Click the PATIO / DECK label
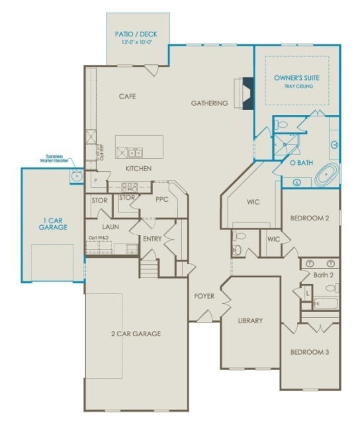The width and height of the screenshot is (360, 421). coord(137,33)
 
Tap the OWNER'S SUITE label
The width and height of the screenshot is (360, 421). coord(297,78)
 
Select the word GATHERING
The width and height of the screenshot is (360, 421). coord(210,103)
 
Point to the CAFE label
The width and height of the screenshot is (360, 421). coord(127,97)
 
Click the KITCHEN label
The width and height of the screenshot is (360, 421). coord(139,169)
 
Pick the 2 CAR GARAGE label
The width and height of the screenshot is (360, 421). coord(136,334)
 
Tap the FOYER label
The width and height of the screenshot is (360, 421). coord(204,296)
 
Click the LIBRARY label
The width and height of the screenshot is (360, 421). coord(250,320)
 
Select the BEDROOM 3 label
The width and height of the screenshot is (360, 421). coord(310,352)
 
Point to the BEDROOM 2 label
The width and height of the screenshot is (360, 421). coord(310,218)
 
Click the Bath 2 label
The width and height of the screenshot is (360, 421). coord(322,274)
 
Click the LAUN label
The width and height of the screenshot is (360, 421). coord(110,226)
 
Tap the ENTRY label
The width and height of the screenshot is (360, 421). coord(152,238)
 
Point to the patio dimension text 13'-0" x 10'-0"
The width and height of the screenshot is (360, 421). coord(137,42)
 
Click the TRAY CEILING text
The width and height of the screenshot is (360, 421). coord(297,87)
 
